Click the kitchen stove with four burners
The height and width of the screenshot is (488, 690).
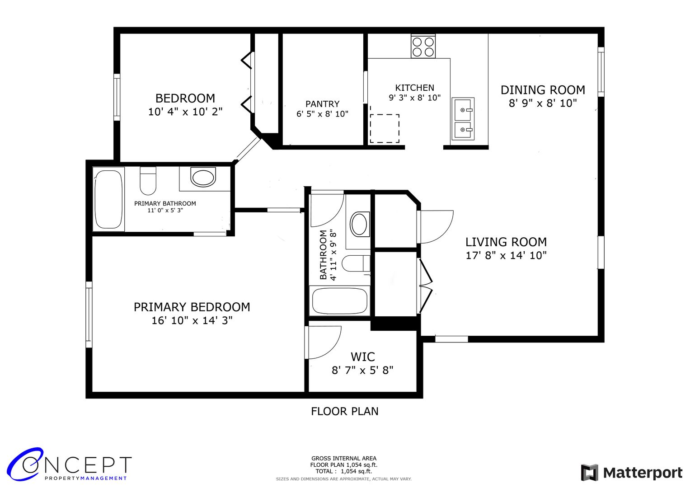point(423,46)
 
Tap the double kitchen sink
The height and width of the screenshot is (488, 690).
point(463,118)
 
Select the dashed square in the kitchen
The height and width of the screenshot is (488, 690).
point(385,128)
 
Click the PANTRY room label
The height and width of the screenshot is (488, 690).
point(322,104)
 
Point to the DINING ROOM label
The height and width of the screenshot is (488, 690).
point(542,90)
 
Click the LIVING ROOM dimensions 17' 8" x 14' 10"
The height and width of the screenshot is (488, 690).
point(506,255)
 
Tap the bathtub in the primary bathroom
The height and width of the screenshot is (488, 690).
point(108,199)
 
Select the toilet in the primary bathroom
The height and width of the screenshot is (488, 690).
point(148,181)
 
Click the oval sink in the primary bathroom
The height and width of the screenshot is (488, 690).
point(203,177)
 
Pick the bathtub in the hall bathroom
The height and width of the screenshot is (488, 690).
point(339,300)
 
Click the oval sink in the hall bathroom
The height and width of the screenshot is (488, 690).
point(359,224)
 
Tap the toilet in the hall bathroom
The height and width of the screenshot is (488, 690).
point(356,263)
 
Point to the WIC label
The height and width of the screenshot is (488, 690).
point(362,357)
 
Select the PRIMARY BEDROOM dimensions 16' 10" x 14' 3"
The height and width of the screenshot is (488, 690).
point(192,320)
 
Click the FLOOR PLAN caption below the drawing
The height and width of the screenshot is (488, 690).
point(344,411)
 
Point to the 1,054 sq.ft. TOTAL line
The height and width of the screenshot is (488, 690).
point(343,471)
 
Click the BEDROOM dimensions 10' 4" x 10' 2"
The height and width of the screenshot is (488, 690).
point(185,112)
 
